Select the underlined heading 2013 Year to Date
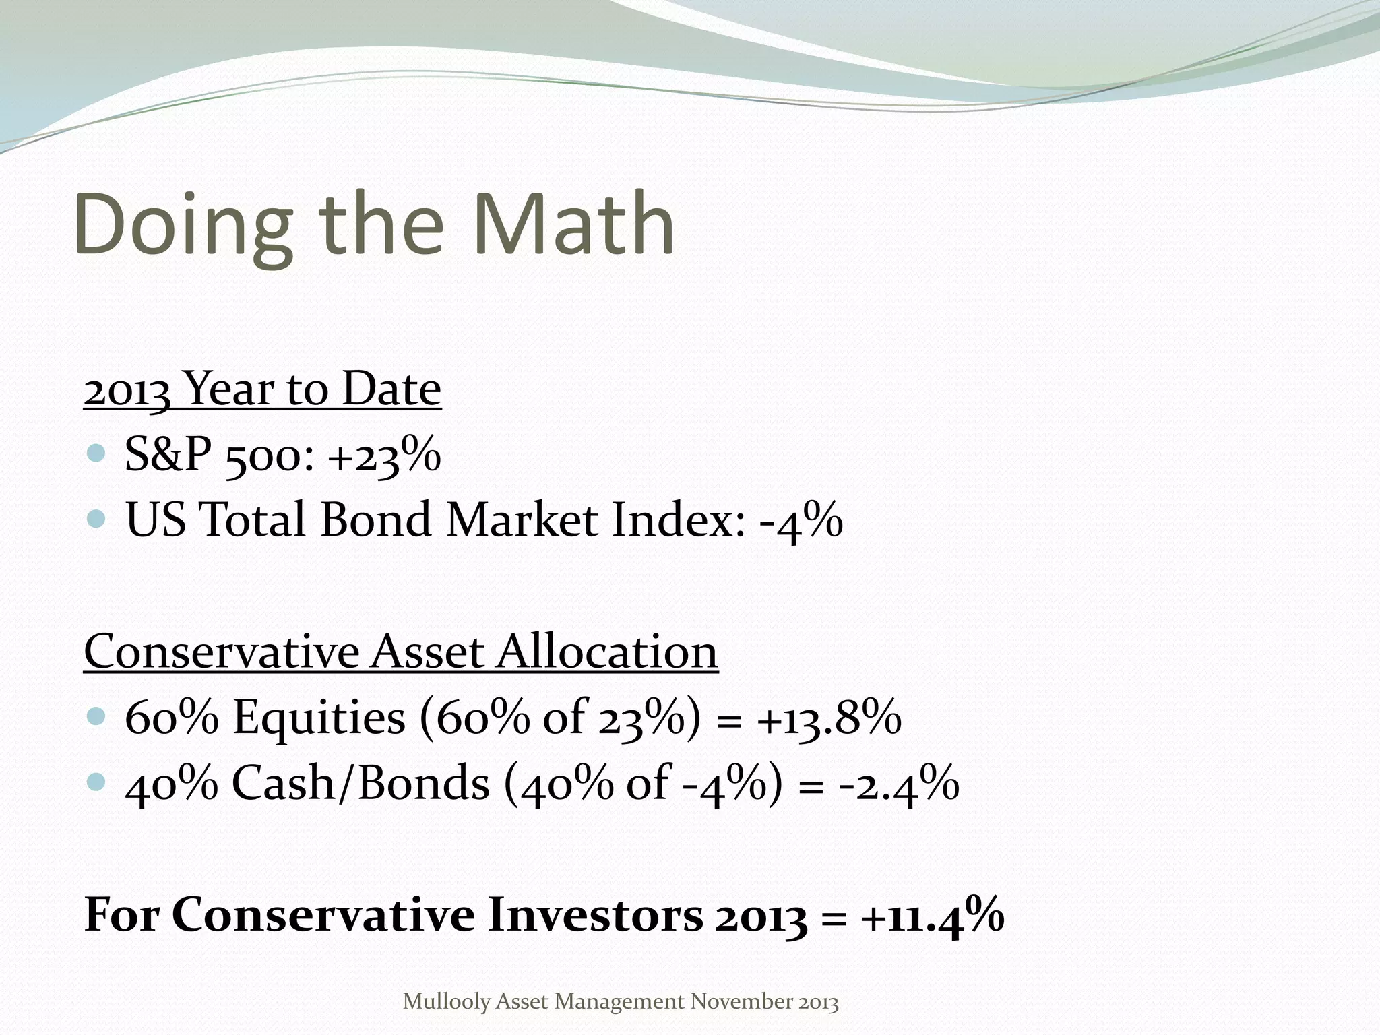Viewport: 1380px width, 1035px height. pyautogui.click(x=262, y=389)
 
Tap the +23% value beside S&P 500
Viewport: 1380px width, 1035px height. pyautogui.click(x=384, y=456)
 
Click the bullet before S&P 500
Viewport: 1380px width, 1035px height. pyautogui.click(x=97, y=453)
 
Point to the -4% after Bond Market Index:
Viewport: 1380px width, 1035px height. pyautogui.click(x=801, y=521)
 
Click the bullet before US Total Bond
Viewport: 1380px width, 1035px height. pyautogui.click(x=97, y=518)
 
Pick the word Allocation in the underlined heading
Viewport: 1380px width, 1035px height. pyautogui.click(x=607, y=652)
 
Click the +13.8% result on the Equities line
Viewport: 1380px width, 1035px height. pyautogui.click(x=829, y=718)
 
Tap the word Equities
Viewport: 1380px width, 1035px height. pyautogui.click(x=319, y=718)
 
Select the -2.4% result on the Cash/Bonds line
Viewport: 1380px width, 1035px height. pyautogui.click(x=899, y=784)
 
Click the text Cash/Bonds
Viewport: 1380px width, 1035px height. pyautogui.click(x=360, y=784)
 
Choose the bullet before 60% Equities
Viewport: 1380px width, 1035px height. pyautogui.click(x=97, y=716)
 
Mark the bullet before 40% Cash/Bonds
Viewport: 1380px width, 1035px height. pyautogui.click(x=97, y=782)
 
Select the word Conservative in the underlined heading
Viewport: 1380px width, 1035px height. pyautogui.click(x=222, y=652)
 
